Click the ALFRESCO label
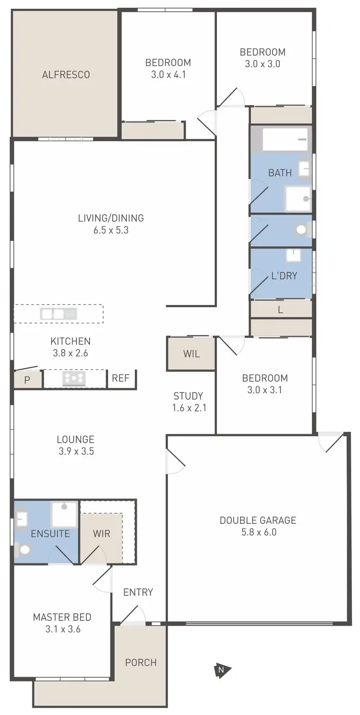click(x=66, y=75)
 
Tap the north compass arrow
click(x=222, y=670)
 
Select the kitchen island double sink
click(x=59, y=315)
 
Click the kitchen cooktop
click(x=74, y=378)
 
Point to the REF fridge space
click(x=120, y=378)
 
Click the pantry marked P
click(x=27, y=380)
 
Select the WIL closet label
click(x=191, y=354)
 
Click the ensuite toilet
click(x=24, y=549)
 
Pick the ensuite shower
click(x=64, y=514)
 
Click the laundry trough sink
click(x=293, y=255)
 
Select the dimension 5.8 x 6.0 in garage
click(x=258, y=532)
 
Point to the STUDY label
click(x=188, y=396)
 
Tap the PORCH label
click(x=141, y=663)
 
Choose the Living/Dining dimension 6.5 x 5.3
click(x=111, y=230)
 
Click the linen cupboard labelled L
click(x=280, y=310)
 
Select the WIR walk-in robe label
click(x=101, y=533)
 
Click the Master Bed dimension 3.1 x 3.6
click(x=62, y=629)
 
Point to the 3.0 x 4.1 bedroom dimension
click(x=168, y=74)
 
